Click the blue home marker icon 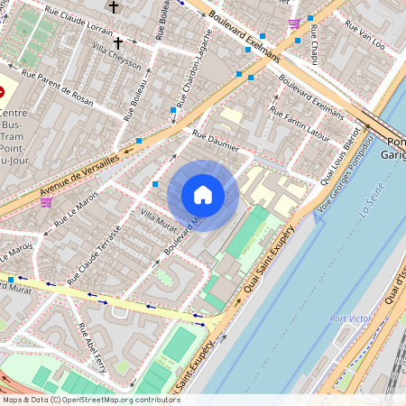point(203,195)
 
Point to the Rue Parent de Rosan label point(57,88)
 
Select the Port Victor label point(351,318)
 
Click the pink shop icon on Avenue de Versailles point(46,202)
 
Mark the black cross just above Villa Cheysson point(118,42)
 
